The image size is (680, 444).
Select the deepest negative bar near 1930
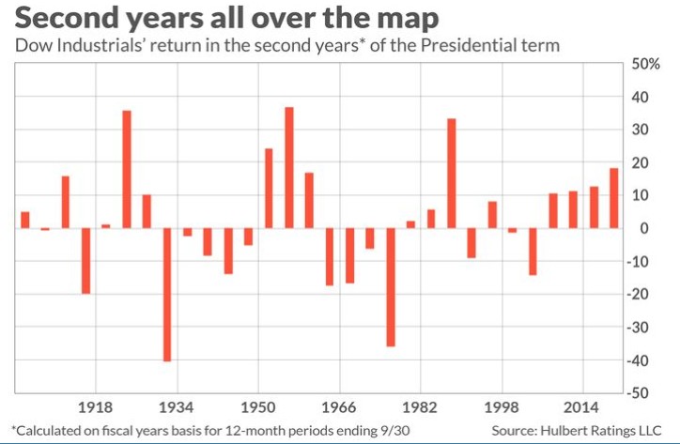tap(167, 294)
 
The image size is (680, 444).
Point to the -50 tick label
tap(643, 392)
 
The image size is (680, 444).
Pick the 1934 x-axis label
tap(177, 407)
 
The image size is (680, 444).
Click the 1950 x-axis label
tap(258, 407)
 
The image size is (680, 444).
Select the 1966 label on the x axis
tap(339, 407)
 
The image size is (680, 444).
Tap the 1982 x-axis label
tap(420, 407)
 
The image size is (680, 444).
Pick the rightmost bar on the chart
tap(614, 198)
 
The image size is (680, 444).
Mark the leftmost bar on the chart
tap(25, 220)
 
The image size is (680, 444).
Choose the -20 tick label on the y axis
tap(643, 295)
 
